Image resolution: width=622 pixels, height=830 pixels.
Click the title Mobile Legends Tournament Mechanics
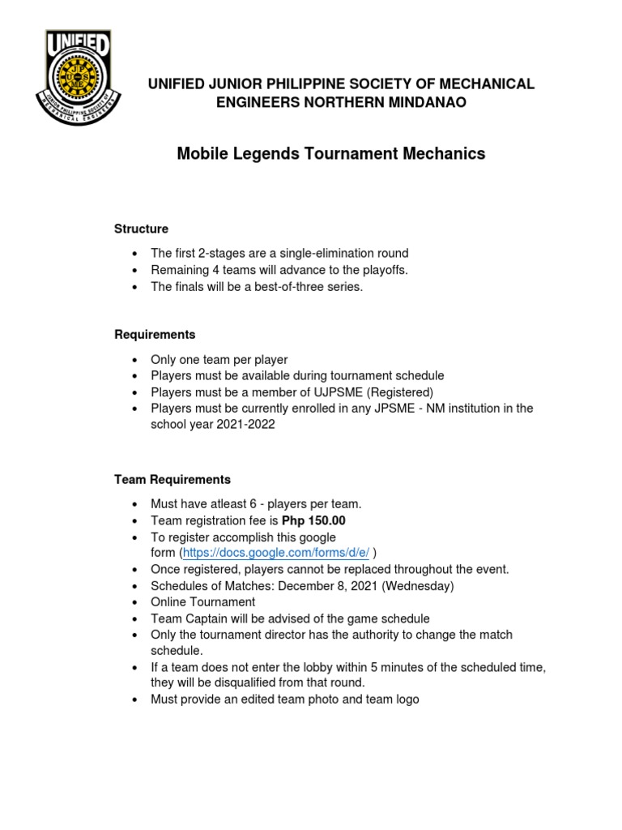click(x=331, y=153)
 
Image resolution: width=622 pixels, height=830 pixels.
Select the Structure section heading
click(x=141, y=229)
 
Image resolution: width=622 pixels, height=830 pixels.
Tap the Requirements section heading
click(x=155, y=335)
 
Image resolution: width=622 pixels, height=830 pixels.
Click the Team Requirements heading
click(x=173, y=480)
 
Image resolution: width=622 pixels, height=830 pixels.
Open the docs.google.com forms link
click(x=276, y=553)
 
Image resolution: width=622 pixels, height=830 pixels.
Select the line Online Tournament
click(x=202, y=601)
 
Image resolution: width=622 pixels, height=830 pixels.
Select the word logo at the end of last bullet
click(x=406, y=699)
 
